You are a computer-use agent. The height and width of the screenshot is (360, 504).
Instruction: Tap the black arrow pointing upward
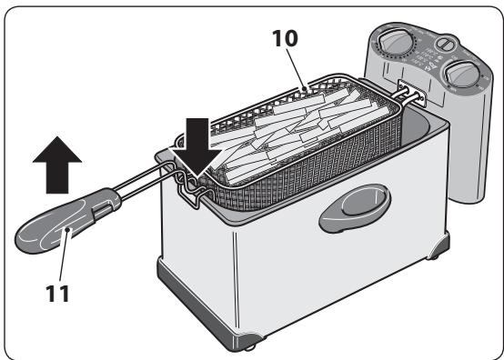point(56,165)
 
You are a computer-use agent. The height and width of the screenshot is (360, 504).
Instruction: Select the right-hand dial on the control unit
point(459,75)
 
